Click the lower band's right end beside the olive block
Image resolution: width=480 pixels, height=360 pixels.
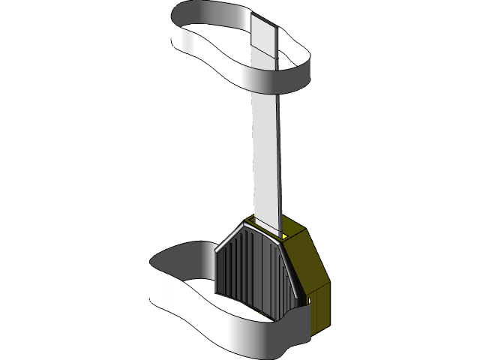(x=300, y=330)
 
